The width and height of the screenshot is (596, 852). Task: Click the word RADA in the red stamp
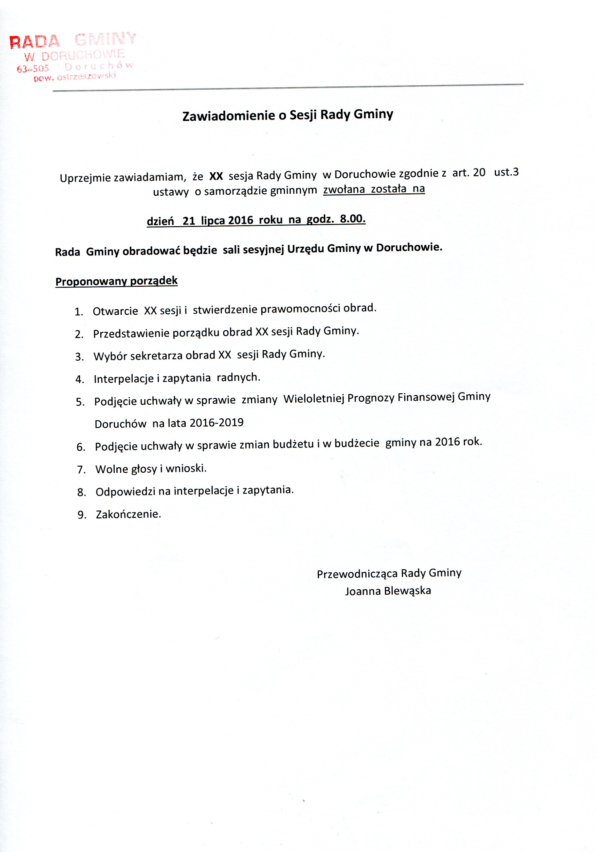(34, 42)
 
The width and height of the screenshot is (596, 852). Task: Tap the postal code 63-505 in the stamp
(33, 69)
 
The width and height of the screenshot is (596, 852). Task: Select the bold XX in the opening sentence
(216, 176)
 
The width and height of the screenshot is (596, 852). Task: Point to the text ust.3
(506, 172)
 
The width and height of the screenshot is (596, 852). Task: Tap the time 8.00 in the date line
(352, 219)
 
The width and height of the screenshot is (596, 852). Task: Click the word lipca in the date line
(213, 221)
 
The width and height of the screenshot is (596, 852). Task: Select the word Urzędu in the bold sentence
(306, 249)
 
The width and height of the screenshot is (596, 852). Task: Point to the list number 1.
(78, 312)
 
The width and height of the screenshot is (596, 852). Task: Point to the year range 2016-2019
(217, 423)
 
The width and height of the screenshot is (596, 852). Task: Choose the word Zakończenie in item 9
(128, 514)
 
